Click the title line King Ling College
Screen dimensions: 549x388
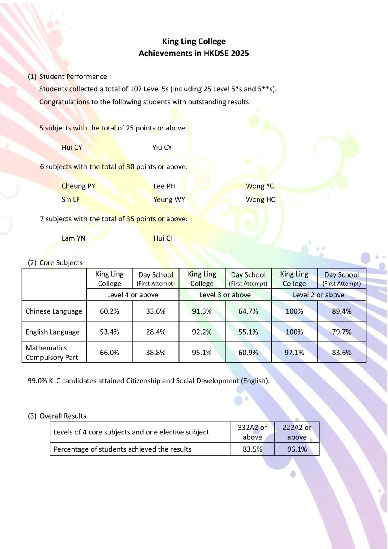click(194, 42)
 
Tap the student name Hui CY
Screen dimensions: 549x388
click(72, 148)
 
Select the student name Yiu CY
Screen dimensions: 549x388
click(162, 148)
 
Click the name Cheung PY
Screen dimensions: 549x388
click(78, 186)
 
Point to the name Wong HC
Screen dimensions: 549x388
click(260, 199)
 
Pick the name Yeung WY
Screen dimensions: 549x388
click(169, 199)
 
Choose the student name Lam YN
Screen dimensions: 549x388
click(73, 238)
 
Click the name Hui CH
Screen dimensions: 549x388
click(164, 238)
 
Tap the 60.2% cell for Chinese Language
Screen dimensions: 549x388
click(109, 311)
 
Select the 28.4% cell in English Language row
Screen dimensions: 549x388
click(156, 332)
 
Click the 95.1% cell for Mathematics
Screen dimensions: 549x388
click(202, 353)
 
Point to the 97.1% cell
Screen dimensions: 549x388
click(294, 353)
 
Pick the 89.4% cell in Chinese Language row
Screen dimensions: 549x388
click(342, 311)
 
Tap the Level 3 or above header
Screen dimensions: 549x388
click(225, 295)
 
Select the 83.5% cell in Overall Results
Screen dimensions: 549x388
click(252, 449)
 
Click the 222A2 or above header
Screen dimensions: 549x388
click(297, 432)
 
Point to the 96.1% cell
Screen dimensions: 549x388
click(297, 449)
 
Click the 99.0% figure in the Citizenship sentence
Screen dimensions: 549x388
click(37, 380)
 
